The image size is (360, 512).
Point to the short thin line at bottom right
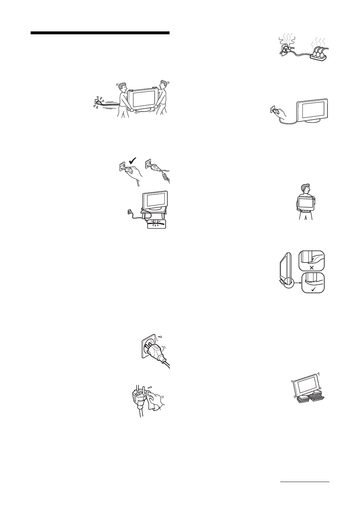click(305, 482)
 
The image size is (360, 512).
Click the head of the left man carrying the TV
click(122, 88)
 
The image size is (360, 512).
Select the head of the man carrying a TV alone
click(305, 188)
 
